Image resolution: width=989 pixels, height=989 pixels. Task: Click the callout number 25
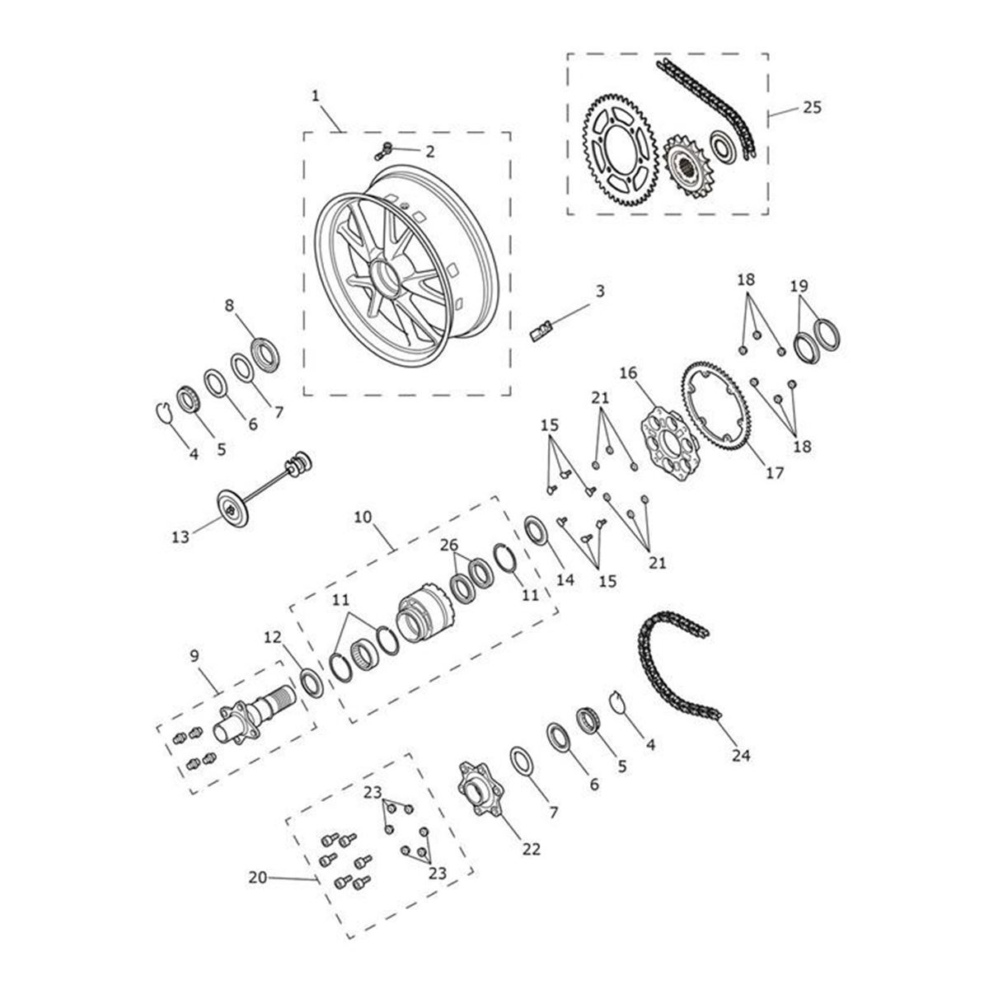pyautogui.click(x=812, y=108)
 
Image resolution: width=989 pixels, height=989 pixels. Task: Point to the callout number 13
pyautogui.click(x=180, y=537)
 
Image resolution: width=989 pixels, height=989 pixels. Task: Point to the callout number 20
pyautogui.click(x=258, y=879)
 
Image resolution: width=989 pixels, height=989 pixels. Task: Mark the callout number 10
pyautogui.click(x=363, y=518)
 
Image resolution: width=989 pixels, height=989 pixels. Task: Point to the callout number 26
pyautogui.click(x=448, y=546)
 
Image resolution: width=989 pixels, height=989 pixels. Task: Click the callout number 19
pyautogui.click(x=799, y=287)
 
